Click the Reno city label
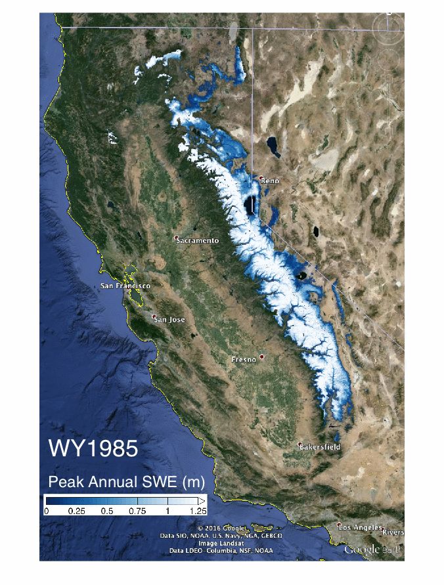click(x=271, y=181)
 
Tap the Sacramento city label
click(x=198, y=240)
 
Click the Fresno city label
click(x=245, y=360)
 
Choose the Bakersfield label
click(x=320, y=447)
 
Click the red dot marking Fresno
click(x=261, y=357)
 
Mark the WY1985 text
click(x=93, y=449)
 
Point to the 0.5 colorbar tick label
click(x=106, y=510)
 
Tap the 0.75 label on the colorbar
click(x=137, y=510)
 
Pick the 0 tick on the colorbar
click(x=46, y=510)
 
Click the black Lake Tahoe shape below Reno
click(x=250, y=206)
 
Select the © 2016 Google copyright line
click(x=222, y=529)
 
